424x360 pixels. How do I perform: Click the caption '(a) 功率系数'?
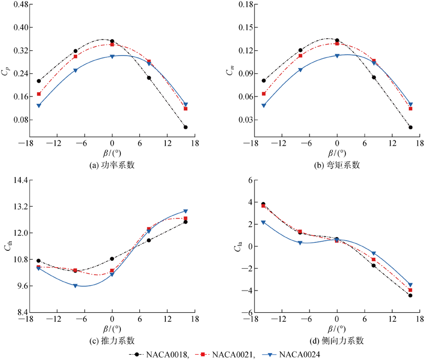pyautogui.click(x=112, y=165)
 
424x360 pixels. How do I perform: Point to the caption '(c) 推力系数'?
pyautogui.click(x=112, y=340)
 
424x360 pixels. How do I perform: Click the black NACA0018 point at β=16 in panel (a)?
pyautogui.click(x=185, y=127)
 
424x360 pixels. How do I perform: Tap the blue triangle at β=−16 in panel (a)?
pyautogui.click(x=39, y=106)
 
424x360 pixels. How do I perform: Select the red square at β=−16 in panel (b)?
pyautogui.click(x=264, y=94)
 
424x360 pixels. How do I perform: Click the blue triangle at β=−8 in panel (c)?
pyautogui.click(x=75, y=286)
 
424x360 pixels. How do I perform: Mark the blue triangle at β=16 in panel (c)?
pyautogui.click(x=185, y=211)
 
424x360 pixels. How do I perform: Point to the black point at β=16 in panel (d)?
pyautogui.click(x=410, y=295)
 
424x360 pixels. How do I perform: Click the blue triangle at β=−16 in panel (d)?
pyautogui.click(x=263, y=222)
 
